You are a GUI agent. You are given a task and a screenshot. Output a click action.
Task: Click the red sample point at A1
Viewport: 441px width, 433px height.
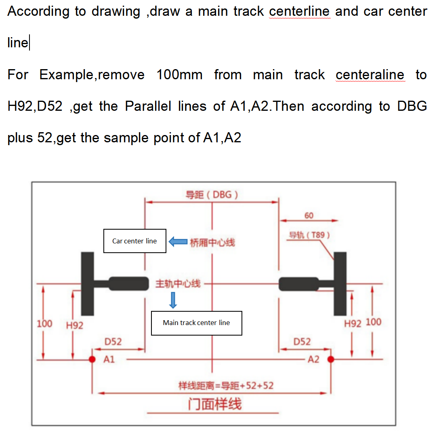click(x=92, y=359)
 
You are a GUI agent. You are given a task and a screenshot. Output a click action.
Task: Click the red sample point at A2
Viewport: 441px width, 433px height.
click(x=331, y=359)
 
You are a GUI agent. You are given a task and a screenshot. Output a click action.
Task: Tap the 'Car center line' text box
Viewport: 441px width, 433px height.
click(x=134, y=241)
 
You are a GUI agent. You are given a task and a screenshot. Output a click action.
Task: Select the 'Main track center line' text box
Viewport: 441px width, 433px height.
click(x=196, y=323)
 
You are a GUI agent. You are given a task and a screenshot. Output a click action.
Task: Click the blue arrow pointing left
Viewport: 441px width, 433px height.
click(x=178, y=242)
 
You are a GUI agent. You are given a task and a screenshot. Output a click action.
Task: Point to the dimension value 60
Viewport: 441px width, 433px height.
click(x=309, y=215)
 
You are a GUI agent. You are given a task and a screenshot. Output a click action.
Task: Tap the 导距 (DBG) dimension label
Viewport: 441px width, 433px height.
click(x=212, y=195)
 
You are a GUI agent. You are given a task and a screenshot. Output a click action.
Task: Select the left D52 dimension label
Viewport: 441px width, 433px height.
click(x=113, y=342)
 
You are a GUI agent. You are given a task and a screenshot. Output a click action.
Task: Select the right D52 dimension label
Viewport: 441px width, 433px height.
click(x=302, y=342)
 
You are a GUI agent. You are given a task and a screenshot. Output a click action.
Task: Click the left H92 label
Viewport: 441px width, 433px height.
click(x=75, y=325)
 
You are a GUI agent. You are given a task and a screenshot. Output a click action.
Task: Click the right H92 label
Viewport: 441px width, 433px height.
click(x=353, y=323)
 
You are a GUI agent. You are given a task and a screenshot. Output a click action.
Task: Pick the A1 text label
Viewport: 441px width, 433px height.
click(x=109, y=359)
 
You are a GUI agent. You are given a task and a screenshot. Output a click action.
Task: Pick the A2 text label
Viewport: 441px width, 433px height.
click(x=313, y=359)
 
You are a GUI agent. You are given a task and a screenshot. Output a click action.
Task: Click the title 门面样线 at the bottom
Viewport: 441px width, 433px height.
click(x=214, y=404)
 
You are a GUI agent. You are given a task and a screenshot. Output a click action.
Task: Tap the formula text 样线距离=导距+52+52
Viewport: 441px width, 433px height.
click(x=226, y=386)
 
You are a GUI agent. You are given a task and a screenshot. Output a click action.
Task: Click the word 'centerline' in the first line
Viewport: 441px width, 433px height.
click(x=300, y=11)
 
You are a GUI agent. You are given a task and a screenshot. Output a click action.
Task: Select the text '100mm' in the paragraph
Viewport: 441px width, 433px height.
click(x=179, y=75)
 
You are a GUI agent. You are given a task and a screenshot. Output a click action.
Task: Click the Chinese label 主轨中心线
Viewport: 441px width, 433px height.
click(x=178, y=283)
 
